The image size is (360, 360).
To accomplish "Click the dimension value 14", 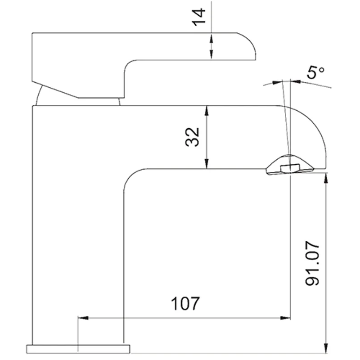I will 200,17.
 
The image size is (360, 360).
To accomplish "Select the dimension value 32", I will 193,137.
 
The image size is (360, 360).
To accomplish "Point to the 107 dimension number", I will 184,304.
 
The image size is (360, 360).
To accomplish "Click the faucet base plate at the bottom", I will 78,348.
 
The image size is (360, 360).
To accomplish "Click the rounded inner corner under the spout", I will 129,176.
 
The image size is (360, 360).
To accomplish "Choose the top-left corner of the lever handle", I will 32,34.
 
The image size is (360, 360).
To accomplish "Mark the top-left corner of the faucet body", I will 34,107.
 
